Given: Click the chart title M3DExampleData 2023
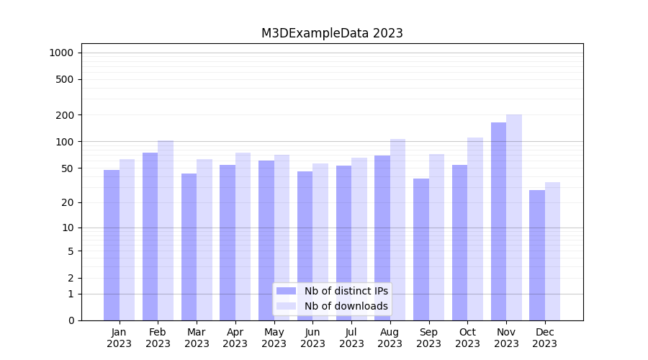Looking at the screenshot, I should [x=332, y=33].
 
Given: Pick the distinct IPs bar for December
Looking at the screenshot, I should [x=537, y=255].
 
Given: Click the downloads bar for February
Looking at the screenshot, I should [x=166, y=230].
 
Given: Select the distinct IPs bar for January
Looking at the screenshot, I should [x=112, y=245].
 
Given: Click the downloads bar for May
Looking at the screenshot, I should [x=282, y=238].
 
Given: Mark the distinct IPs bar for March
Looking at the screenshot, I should [x=189, y=247].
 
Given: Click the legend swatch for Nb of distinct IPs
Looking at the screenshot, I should [x=286, y=291].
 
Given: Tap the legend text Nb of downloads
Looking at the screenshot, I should [x=346, y=306].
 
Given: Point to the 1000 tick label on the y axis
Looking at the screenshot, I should [x=61, y=53].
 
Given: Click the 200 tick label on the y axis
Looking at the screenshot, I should [x=65, y=115].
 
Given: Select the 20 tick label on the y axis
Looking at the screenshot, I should [x=67, y=202].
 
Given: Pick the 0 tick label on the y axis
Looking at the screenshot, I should [x=71, y=320].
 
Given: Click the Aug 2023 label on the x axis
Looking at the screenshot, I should [x=390, y=338].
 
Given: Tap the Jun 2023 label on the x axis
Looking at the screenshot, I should [x=312, y=338].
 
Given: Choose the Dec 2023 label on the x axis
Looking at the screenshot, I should [x=545, y=338].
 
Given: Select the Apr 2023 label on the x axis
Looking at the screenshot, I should [x=235, y=338].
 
